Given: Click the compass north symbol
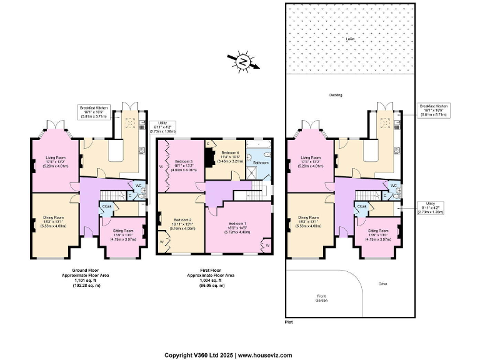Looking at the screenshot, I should [242, 61].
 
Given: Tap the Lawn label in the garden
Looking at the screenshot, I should [350, 39].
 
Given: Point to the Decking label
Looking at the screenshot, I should [336, 95].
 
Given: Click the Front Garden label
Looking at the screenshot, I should [321, 298].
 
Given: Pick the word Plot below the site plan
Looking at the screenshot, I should [288, 322].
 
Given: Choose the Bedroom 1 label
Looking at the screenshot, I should [237, 223].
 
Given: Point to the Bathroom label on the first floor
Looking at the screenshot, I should [260, 163].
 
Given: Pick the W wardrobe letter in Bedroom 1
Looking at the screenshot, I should [267, 245].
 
